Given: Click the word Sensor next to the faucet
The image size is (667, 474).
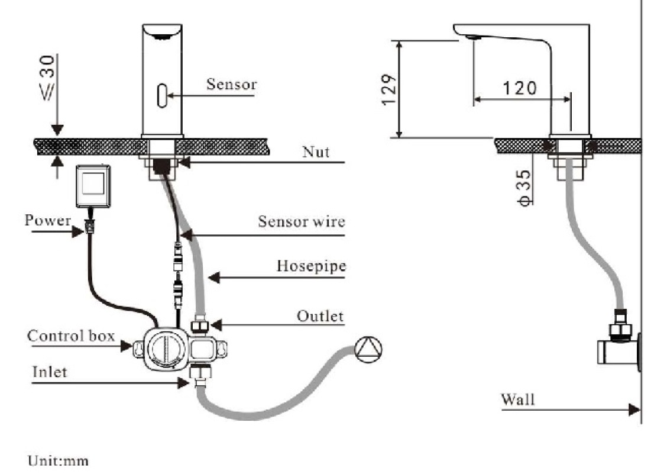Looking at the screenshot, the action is (231, 84).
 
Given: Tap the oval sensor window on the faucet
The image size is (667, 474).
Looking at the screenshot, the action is (162, 95).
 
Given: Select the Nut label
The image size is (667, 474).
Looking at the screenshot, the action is (316, 152).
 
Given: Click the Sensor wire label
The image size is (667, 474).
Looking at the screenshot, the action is (301, 221).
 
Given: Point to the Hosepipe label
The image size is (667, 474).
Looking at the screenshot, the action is (311, 266).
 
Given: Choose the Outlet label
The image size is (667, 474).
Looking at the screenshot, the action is (320, 316).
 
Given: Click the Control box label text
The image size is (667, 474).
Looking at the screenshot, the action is (71, 336).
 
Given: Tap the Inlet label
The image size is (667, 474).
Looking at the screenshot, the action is (50, 372).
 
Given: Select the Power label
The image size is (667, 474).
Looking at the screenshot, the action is (48, 220).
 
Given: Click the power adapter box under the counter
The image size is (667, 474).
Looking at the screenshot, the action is (93, 186).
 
